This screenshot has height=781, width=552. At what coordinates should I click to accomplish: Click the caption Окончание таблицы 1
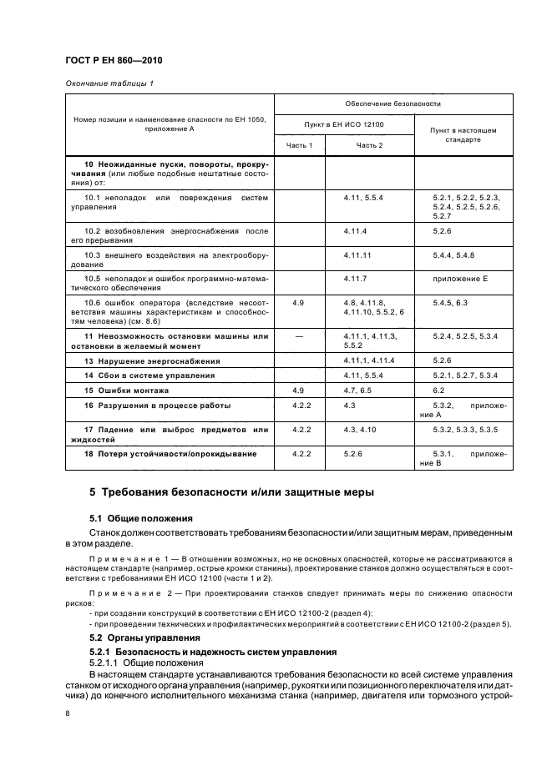click(x=109, y=83)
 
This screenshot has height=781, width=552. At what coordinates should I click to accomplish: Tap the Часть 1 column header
click(x=299, y=145)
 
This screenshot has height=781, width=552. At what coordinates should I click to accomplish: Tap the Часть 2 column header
click(x=369, y=145)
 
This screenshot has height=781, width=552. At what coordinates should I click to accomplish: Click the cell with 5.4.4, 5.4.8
click(x=453, y=253)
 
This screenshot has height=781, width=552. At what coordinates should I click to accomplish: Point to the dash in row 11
click(x=299, y=335)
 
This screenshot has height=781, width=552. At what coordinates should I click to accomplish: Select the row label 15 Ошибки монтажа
click(x=127, y=390)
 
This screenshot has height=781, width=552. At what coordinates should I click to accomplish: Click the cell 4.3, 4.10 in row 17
click(x=361, y=430)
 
